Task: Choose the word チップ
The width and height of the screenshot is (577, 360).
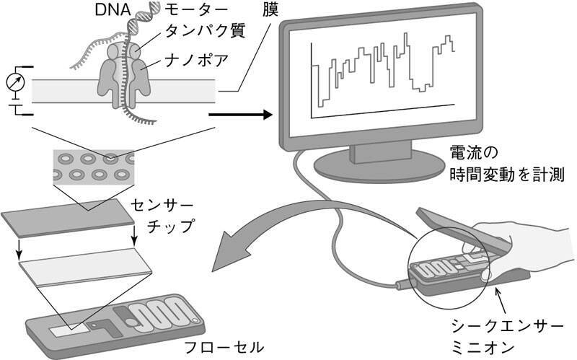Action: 170,227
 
